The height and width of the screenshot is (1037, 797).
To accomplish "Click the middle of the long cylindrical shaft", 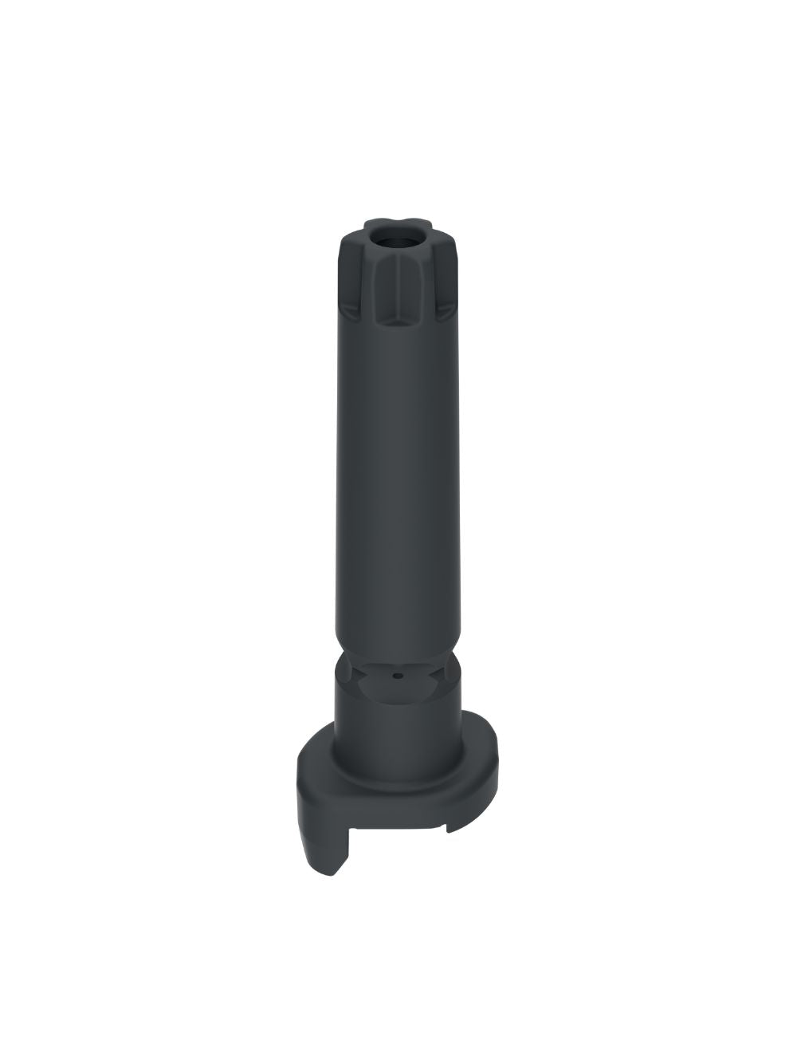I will [x=398, y=479].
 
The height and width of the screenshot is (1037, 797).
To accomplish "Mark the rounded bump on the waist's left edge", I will [x=340, y=662].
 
